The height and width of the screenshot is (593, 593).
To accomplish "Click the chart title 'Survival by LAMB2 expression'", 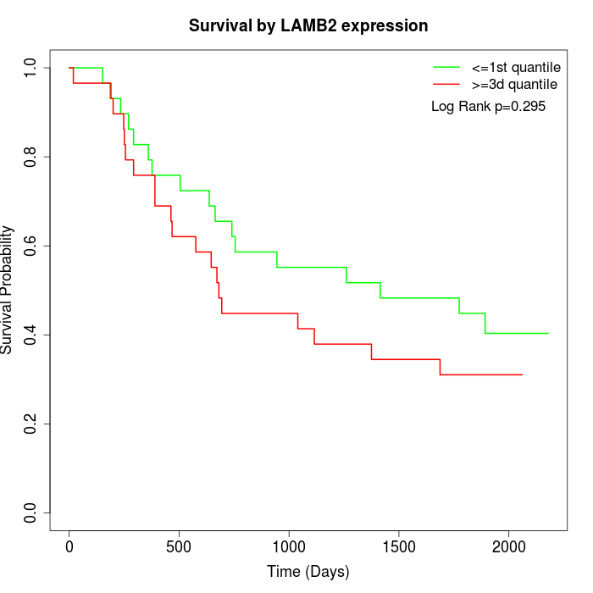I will [x=308, y=25].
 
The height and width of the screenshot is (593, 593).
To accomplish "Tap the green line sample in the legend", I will [x=446, y=67].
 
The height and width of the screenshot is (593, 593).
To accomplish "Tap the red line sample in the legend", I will [x=446, y=85].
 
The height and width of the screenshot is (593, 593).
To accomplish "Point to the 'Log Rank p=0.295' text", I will [x=488, y=107].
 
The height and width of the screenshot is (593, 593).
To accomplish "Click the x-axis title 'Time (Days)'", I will [x=308, y=572].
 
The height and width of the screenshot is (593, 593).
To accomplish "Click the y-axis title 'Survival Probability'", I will [x=8, y=289].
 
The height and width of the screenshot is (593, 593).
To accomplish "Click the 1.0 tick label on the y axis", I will [x=31, y=68].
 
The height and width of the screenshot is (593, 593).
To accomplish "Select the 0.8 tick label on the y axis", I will [x=31, y=157].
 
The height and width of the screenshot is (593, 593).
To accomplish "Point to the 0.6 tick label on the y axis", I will [x=31, y=246].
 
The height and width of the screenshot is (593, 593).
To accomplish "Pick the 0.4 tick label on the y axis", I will [x=31, y=335].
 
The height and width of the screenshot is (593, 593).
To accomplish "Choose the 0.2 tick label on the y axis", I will [x=31, y=424].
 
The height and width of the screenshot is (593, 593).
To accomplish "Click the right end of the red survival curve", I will [x=522, y=374].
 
